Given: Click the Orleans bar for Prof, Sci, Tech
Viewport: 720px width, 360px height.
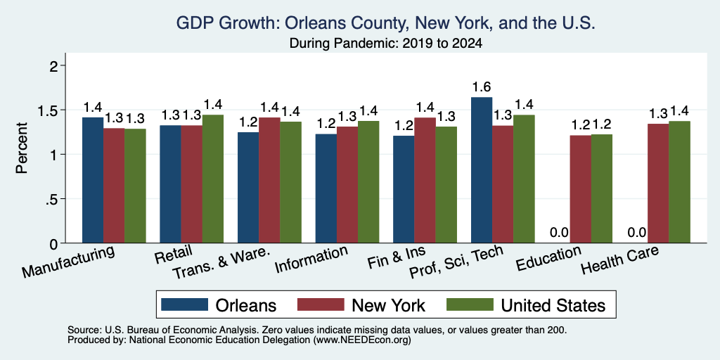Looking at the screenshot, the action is (482, 170).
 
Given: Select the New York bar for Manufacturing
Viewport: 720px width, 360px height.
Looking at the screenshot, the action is (114, 186).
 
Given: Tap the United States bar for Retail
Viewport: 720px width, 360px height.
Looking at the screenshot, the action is (213, 179).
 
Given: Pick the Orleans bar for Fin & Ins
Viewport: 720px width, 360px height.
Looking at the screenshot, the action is (404, 189).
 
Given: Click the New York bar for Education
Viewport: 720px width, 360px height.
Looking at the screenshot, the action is (580, 189).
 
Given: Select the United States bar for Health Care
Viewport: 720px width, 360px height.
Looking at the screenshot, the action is (680, 182).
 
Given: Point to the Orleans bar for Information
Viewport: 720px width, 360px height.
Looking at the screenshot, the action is (326, 188).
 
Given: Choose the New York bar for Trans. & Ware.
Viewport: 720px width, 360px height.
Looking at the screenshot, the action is (269, 180).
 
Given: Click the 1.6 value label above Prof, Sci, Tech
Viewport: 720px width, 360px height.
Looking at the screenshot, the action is (482, 86).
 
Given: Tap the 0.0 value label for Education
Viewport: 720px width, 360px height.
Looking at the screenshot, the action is (559, 232).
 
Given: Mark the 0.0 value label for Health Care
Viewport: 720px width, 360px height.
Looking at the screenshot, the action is (637, 232).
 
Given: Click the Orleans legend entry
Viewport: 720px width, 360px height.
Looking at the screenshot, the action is (219, 305).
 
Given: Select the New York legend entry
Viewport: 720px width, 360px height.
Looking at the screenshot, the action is (361, 305).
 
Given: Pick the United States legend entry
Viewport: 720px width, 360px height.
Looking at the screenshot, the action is (526, 305).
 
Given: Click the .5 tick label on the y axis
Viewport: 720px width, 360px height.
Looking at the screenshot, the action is (54, 199).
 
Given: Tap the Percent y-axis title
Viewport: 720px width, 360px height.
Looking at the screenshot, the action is (22, 148).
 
